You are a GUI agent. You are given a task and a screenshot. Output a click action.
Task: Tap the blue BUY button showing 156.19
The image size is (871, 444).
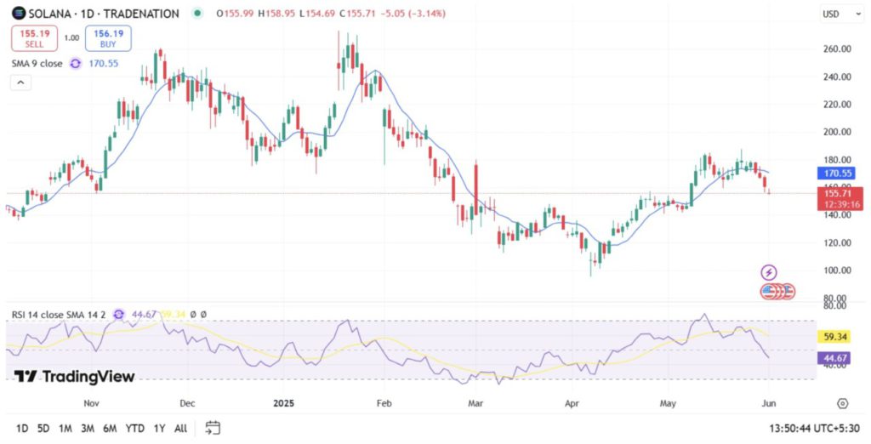(107, 38)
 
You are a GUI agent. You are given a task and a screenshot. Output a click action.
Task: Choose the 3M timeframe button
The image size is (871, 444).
(87, 428)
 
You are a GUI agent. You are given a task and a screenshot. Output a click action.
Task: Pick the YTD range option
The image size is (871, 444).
(134, 428)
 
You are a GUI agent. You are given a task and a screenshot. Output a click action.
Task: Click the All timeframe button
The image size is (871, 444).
(180, 428)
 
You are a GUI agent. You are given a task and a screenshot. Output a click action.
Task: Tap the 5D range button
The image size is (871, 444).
(43, 428)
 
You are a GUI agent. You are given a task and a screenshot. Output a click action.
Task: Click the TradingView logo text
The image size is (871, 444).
(77, 377)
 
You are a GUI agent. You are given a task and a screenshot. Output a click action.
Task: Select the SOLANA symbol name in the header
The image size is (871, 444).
(48, 14)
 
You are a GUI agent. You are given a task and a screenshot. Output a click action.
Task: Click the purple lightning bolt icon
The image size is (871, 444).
(769, 272)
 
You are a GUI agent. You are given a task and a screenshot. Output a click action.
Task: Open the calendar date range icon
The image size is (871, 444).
(213, 428)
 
